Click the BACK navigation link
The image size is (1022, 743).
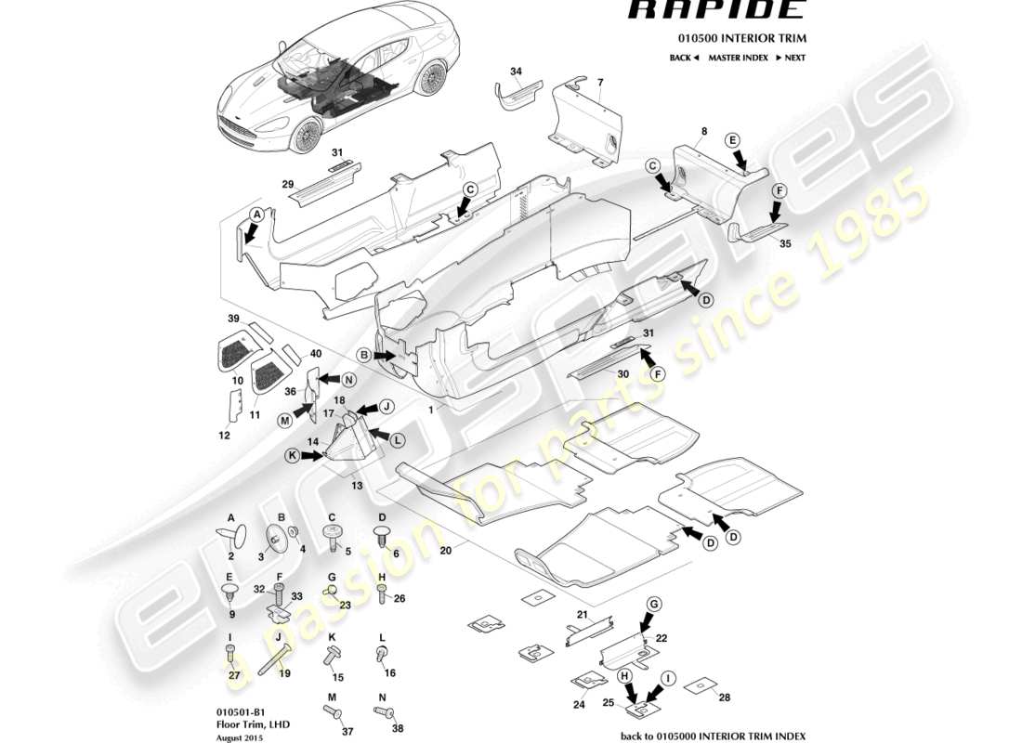point(683,58)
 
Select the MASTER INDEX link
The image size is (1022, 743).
point(738,58)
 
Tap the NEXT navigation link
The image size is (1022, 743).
point(790,58)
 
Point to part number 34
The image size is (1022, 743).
point(517,71)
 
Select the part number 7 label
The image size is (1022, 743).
point(600,83)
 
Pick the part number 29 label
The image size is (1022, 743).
point(288,185)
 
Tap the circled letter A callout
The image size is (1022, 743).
point(256,214)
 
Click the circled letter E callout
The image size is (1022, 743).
point(733,140)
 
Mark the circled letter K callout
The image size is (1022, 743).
point(294,456)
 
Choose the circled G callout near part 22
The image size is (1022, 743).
point(654,604)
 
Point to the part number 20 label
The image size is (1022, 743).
point(445,551)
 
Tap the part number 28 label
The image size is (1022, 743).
point(725,697)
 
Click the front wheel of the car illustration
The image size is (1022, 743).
point(306,137)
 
